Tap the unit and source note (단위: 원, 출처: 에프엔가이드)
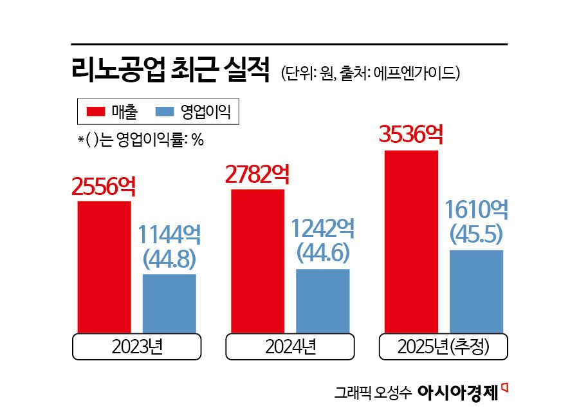pos(370,72)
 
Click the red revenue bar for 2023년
pos(104,267)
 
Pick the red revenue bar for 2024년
pos(257,261)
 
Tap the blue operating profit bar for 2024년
pos(322,301)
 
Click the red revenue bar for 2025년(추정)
pos(411,242)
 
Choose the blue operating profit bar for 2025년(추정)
pos(476,292)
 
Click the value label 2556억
pos(104,187)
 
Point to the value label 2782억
pos(257,174)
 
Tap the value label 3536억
pos(411,135)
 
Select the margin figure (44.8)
pos(169,259)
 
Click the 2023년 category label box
pos(137,347)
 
